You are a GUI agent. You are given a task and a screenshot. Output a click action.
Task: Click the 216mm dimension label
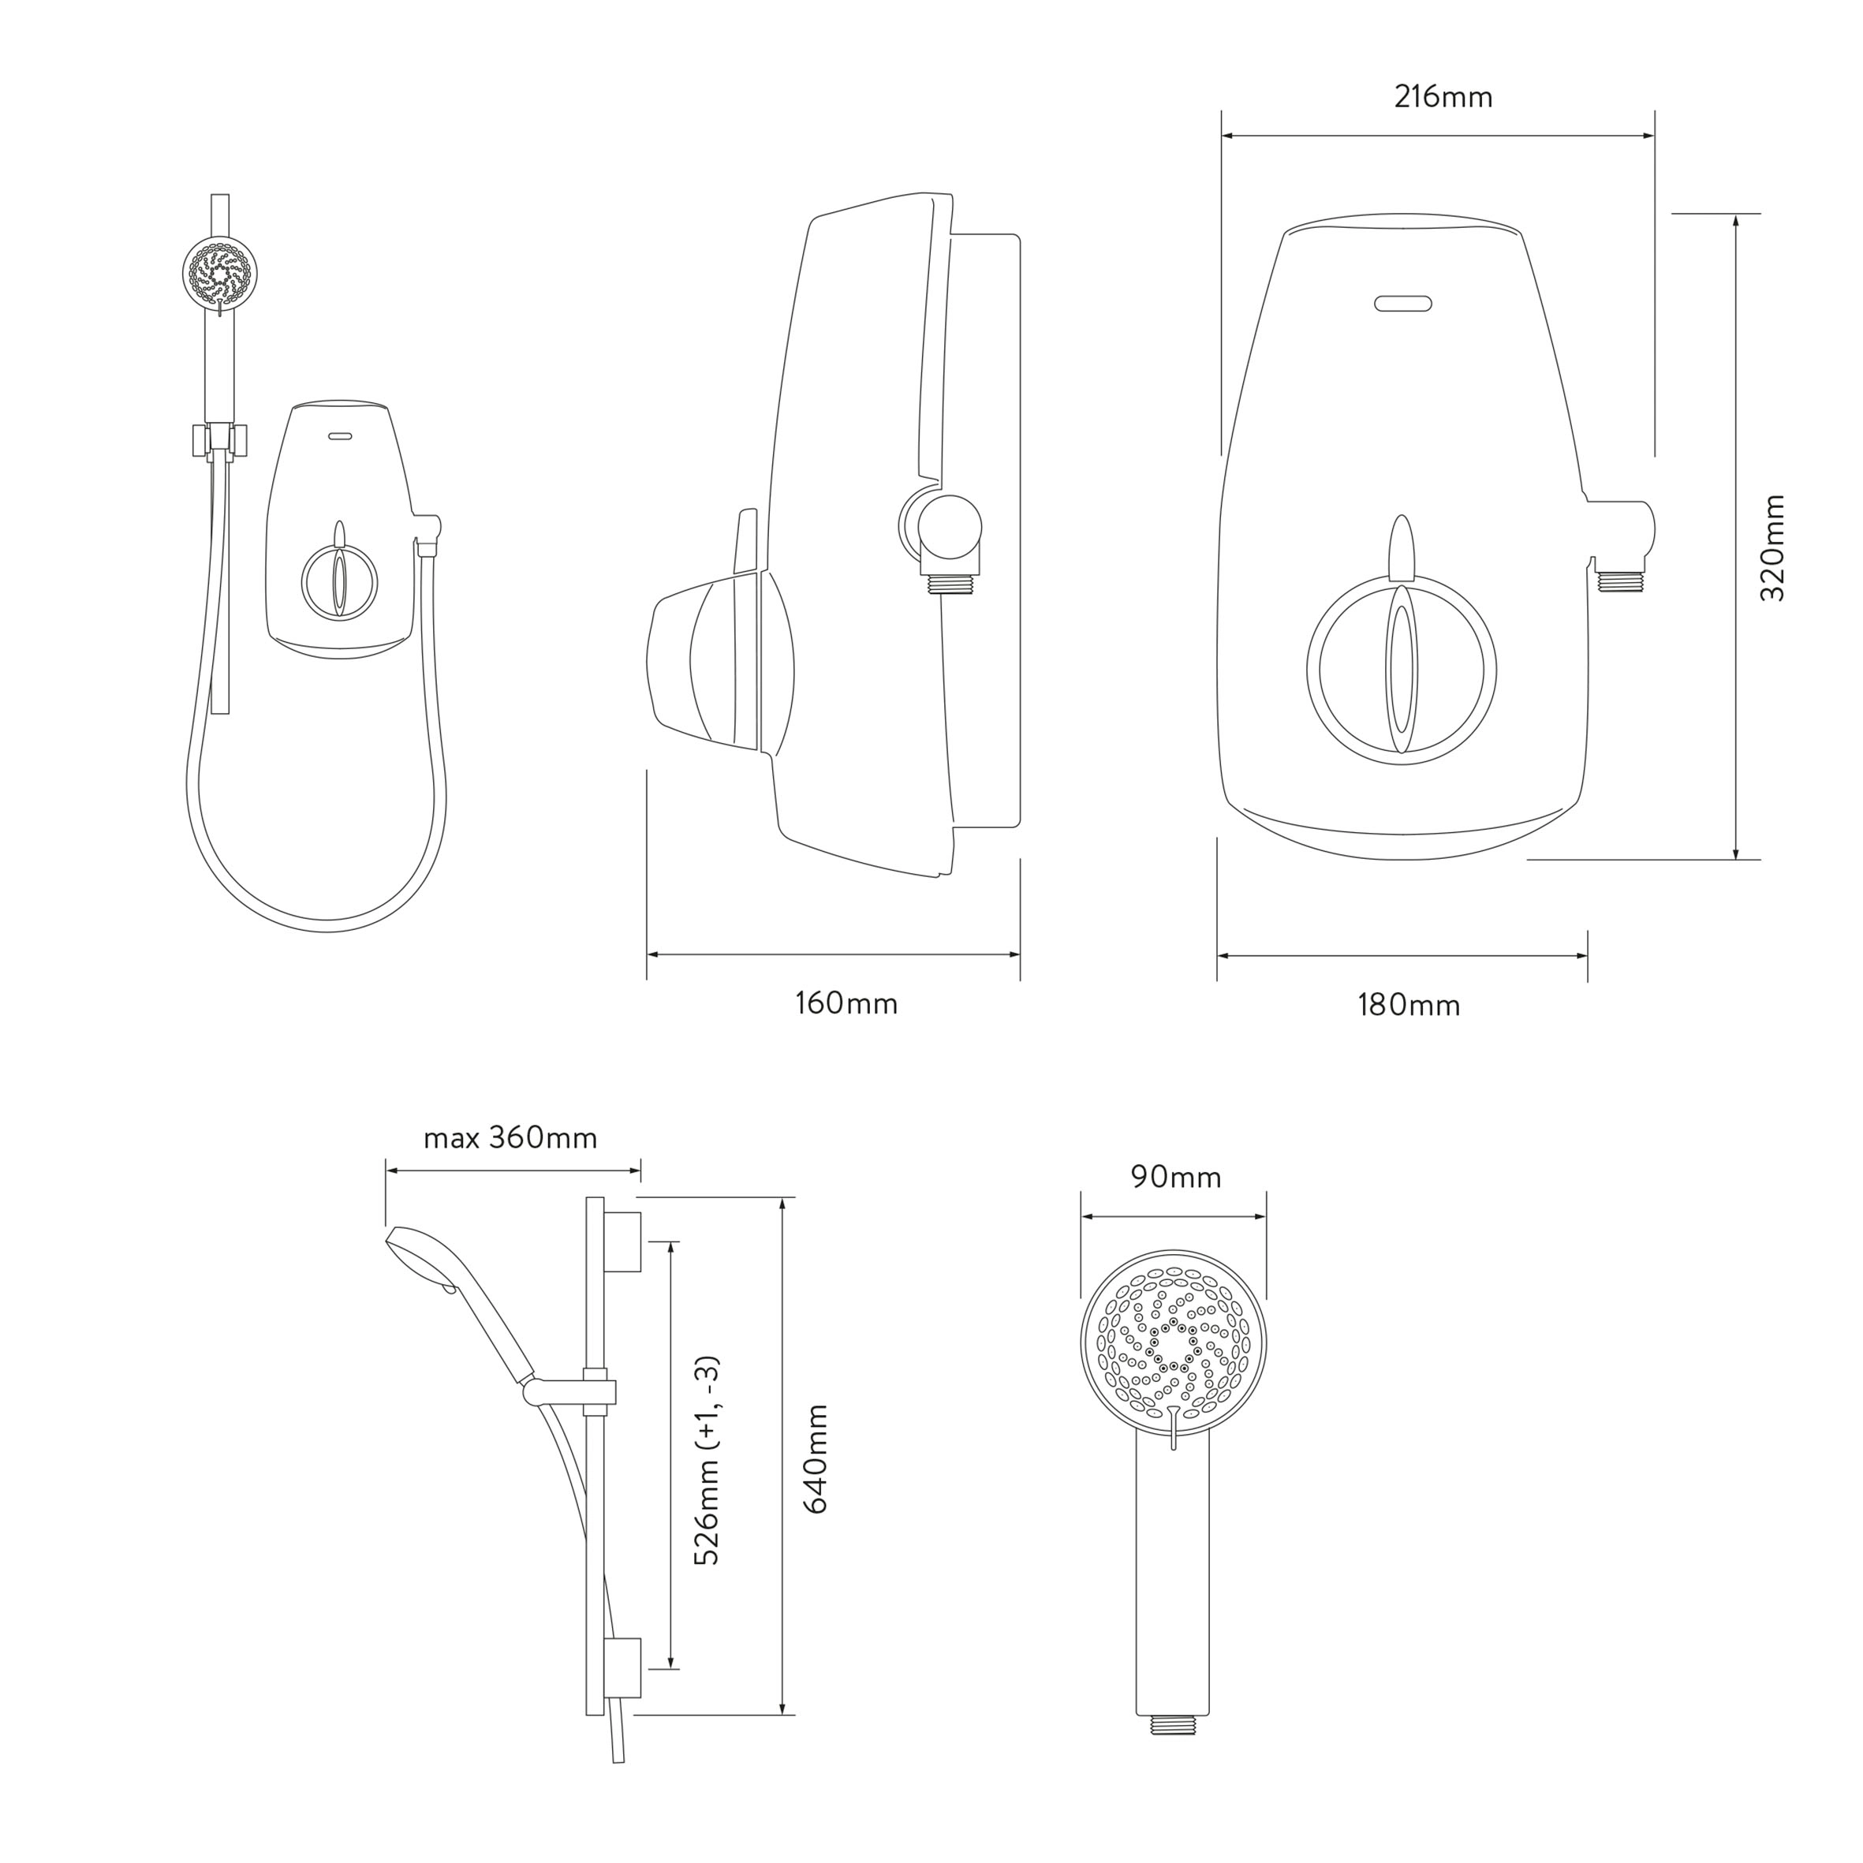[x=1443, y=97]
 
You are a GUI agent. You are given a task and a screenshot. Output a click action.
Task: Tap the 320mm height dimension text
[x=1772, y=547]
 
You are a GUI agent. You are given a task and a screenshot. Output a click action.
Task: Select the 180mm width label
[x=1408, y=1006]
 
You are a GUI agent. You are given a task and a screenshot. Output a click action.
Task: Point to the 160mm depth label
[x=846, y=1004]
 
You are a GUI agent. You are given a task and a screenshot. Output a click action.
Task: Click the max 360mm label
[x=510, y=1138]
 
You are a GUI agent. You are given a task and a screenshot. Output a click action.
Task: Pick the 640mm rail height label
[x=816, y=1459]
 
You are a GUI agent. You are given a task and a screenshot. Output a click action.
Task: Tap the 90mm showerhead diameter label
[x=1175, y=1178]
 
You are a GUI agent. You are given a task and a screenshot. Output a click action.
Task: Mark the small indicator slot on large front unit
[x=1402, y=304]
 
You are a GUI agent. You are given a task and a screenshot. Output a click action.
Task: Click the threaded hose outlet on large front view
[x=1619, y=581]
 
